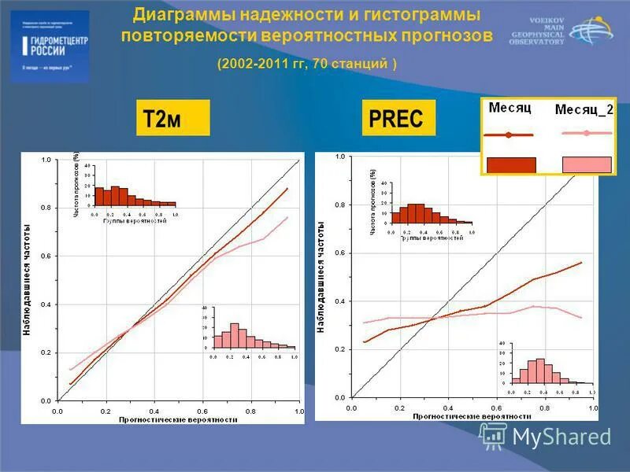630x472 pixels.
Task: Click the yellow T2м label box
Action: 173,118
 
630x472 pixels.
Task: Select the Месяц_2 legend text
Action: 584,110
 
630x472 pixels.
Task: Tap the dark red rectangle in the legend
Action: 511,164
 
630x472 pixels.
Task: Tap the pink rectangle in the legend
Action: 587,164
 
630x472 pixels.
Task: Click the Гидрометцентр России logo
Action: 50,46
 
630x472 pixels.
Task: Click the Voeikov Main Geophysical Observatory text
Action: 538,30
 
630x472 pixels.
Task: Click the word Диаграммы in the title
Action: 177,15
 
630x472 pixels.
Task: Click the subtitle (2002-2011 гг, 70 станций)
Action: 307,64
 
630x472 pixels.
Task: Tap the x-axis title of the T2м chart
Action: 178,420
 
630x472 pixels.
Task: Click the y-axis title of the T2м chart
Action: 26,279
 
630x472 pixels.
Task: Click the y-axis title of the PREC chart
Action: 321,277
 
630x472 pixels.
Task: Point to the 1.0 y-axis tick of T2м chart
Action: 46,160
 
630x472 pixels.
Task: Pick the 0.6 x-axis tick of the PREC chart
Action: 497,408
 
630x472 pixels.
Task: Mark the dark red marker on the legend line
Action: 509,135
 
